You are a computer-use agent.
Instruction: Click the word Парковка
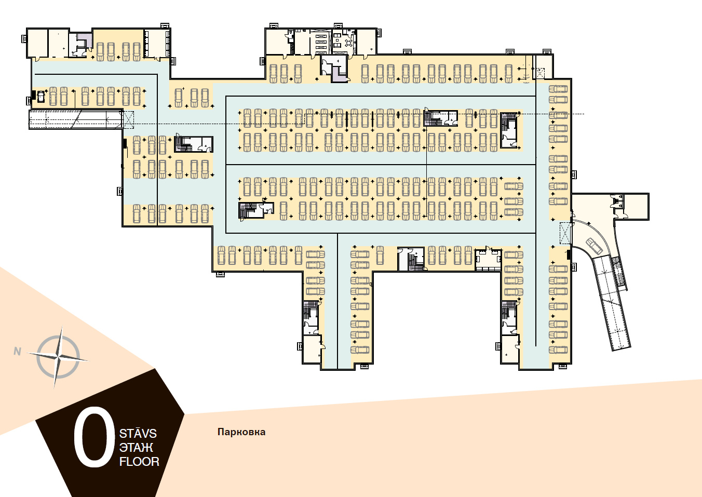coord(241,432)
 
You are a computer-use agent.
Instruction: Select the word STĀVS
coord(138,434)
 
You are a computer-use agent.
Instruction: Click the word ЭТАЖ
coord(136,448)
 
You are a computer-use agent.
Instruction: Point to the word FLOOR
coord(139,462)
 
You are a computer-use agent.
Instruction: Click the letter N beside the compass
coord(17,352)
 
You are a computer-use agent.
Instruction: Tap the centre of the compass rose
coord(58,357)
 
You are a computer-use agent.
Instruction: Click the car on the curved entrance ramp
coord(593,246)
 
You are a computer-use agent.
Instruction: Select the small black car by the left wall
coord(40,96)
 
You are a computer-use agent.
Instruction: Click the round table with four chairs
coord(348,43)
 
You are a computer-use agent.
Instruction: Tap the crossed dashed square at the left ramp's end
coord(128,120)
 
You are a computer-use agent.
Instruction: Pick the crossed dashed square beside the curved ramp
coord(565,233)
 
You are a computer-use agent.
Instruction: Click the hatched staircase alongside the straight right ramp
coord(619,273)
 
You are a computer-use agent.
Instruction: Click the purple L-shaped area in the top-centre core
coord(339,74)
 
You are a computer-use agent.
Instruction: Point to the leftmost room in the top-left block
coord(37,43)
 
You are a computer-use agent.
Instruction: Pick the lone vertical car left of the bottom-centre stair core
coord(380,256)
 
